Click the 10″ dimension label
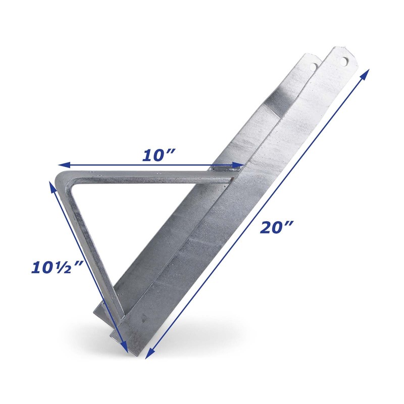tap(158, 155)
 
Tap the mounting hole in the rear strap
tap(314, 66)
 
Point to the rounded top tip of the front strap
tap(342, 49)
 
